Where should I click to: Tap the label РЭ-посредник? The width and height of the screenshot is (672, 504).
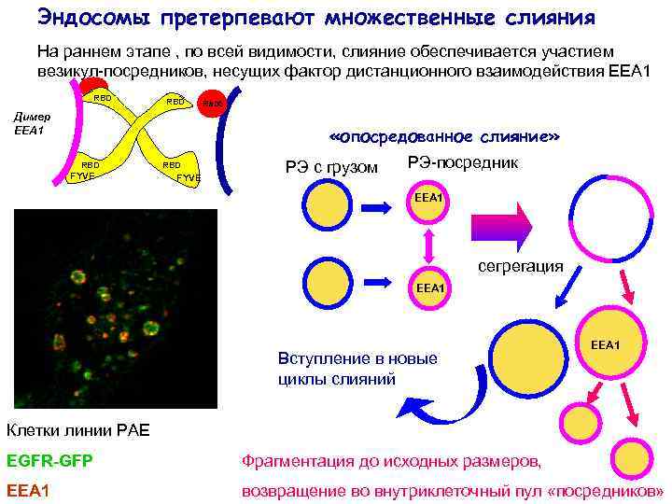[462, 163]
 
